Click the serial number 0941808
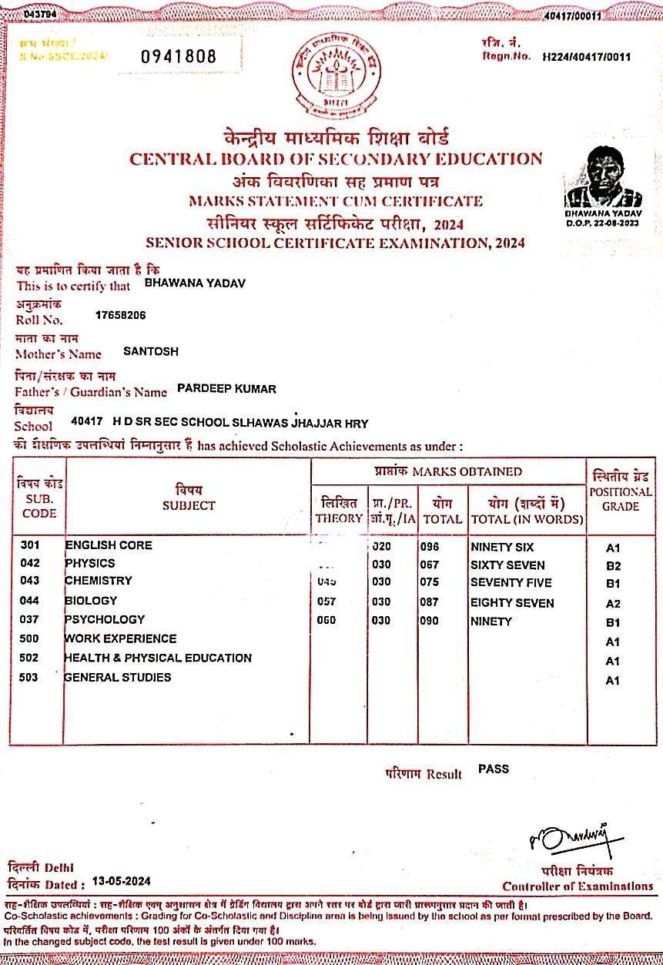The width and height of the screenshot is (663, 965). (178, 56)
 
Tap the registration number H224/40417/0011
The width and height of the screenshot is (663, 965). (587, 56)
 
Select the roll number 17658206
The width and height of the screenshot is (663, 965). (121, 315)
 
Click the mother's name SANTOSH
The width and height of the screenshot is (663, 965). (151, 351)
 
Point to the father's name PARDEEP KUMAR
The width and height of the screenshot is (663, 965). (226, 388)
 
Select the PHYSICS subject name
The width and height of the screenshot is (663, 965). (90, 563)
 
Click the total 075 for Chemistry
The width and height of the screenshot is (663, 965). (429, 582)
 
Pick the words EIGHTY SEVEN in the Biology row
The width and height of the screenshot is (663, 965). (511, 602)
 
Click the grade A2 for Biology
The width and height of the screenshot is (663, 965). (613, 604)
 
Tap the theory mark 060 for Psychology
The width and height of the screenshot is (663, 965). (327, 620)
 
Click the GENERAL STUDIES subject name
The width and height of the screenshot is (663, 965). (118, 677)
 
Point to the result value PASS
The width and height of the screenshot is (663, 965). (494, 769)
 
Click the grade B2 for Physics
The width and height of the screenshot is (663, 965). (613, 566)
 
